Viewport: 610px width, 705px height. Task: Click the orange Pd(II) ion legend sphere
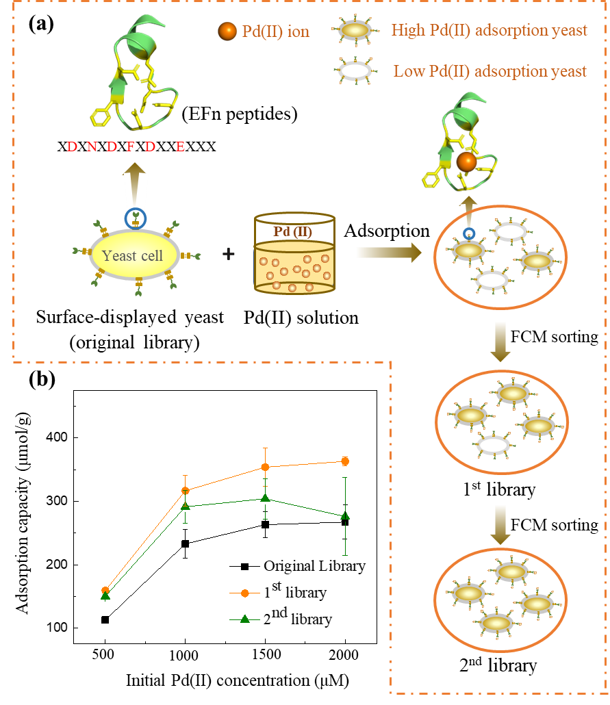tap(227, 31)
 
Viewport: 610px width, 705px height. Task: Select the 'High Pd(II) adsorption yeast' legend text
tap(489, 30)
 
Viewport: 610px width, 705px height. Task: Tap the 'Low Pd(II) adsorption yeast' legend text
tap(490, 71)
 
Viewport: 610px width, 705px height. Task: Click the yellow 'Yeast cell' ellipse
tap(134, 256)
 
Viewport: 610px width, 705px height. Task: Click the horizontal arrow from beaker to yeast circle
tap(381, 253)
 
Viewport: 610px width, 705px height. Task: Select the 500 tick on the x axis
tap(103, 654)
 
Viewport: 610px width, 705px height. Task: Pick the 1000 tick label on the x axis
tap(183, 655)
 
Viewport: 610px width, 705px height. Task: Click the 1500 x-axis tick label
tap(266, 654)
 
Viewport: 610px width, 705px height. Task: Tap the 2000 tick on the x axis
tap(343, 655)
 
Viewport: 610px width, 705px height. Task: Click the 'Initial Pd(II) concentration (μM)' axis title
tap(237, 680)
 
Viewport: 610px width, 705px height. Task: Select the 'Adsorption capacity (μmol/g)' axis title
tap(22, 511)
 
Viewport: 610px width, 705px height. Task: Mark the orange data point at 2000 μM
tap(346, 461)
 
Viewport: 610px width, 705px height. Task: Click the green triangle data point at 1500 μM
tap(266, 497)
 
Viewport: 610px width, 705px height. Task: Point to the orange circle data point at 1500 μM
tap(266, 467)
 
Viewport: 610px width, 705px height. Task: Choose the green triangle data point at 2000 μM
tap(346, 515)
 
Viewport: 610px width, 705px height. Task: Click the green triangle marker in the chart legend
tap(245, 619)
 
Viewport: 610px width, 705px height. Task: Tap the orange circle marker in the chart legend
tap(245, 593)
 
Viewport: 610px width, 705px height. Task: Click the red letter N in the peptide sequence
tap(92, 146)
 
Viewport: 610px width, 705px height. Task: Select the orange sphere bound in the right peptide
tap(466, 162)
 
